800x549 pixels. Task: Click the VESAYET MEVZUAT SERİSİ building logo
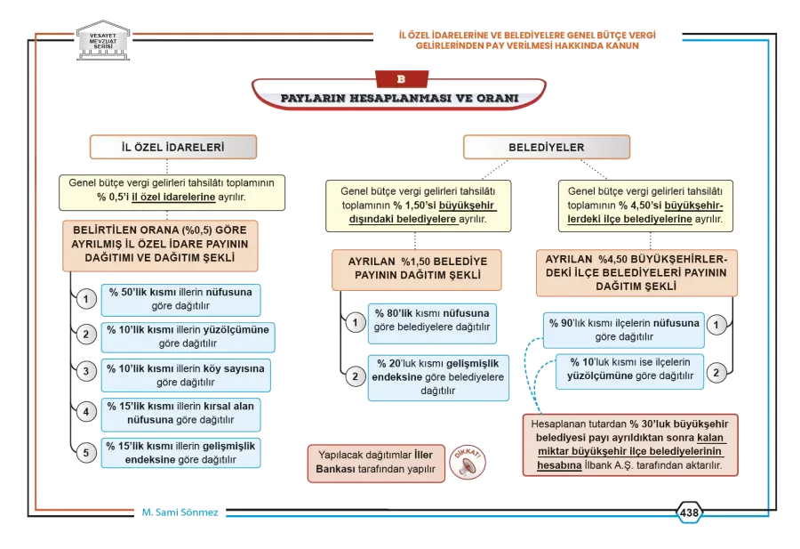click(x=103, y=40)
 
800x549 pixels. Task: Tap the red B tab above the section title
click(x=402, y=79)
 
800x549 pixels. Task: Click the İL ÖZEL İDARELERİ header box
click(x=173, y=147)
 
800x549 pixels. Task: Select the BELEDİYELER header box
click(x=547, y=147)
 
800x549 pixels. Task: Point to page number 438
click(x=689, y=513)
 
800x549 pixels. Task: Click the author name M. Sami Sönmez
click(x=180, y=513)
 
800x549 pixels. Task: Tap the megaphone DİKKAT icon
click(x=468, y=462)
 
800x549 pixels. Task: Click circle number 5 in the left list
click(x=86, y=453)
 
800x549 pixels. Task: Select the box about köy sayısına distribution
click(x=186, y=375)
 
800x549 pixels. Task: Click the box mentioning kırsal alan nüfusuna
click(x=180, y=413)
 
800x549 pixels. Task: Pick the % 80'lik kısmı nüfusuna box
click(x=432, y=323)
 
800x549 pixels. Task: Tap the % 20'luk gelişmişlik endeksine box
click(x=438, y=377)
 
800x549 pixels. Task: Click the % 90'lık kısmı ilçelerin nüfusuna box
click(x=624, y=330)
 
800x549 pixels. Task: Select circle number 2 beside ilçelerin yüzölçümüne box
click(x=716, y=373)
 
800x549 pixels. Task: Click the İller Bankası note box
click(x=376, y=463)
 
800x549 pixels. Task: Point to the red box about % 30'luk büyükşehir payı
click(x=630, y=445)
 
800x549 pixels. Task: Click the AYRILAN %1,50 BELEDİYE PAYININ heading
click(x=417, y=269)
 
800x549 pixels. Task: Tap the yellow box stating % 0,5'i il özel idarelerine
click(x=172, y=192)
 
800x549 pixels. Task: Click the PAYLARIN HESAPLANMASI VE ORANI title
click(x=399, y=98)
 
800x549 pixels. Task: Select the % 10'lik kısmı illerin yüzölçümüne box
click(x=188, y=337)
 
